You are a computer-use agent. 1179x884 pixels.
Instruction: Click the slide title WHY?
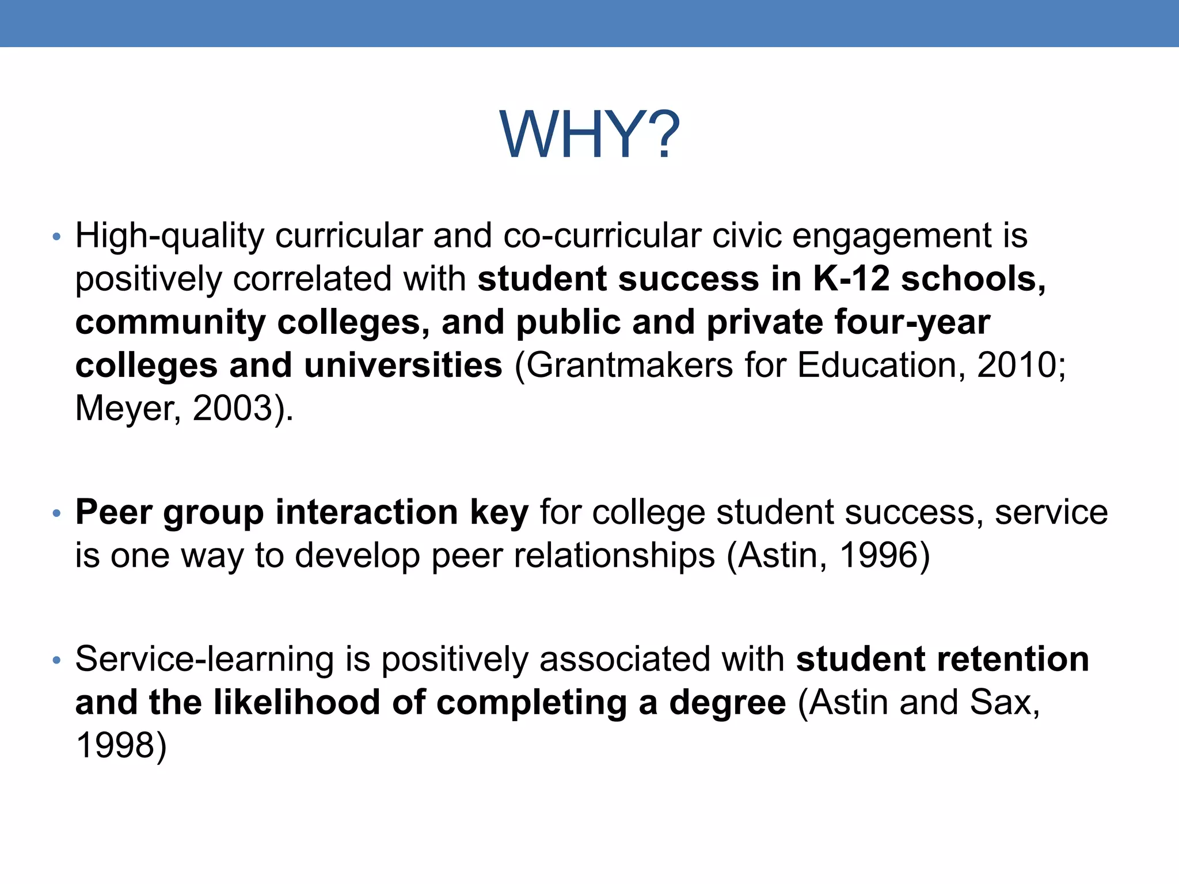589,135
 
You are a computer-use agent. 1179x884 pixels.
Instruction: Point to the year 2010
1017,365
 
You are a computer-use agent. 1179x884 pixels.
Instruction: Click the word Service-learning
204,659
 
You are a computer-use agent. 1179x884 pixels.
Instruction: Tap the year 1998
116,745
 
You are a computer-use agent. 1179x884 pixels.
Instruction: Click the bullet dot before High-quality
56,237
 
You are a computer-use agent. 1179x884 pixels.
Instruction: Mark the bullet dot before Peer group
56,513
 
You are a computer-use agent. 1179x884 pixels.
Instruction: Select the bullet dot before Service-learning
56,660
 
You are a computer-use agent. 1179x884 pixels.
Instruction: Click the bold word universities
403,365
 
